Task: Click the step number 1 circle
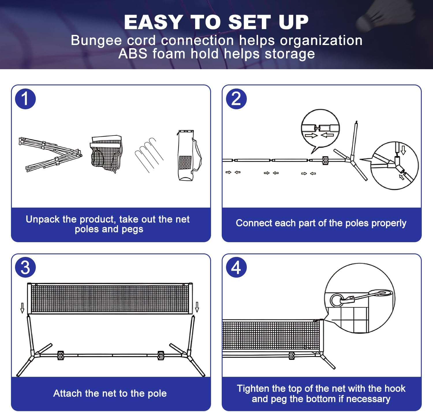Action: coord(25,99)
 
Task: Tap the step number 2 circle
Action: coord(236,99)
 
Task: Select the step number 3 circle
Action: coord(25,267)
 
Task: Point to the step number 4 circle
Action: coord(236,267)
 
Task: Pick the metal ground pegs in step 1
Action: coord(149,154)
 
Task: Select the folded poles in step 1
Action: coord(51,154)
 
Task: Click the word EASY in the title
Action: coord(153,22)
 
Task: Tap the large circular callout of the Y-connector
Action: coord(394,165)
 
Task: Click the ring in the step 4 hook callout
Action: coord(336,300)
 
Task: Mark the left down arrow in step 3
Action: coord(23,308)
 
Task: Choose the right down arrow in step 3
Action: coord(197,307)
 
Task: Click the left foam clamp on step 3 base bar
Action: coord(61,355)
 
